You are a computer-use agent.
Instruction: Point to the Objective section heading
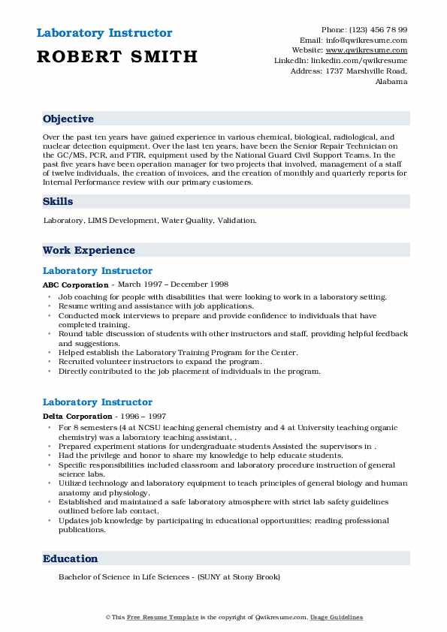click(x=68, y=119)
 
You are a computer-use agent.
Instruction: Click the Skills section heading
click(x=58, y=202)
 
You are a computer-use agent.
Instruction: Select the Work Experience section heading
click(x=89, y=251)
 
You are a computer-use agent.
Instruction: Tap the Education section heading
click(x=71, y=558)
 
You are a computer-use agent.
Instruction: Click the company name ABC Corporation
click(x=75, y=285)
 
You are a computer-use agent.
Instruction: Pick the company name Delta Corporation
click(x=77, y=416)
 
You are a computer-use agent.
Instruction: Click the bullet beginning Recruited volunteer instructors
click(x=161, y=361)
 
